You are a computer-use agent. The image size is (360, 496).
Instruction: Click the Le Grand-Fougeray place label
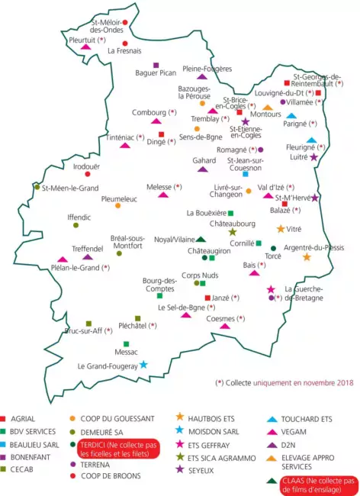(107, 366)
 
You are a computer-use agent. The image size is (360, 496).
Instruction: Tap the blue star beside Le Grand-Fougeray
(143, 365)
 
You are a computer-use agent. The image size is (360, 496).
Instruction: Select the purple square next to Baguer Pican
(156, 65)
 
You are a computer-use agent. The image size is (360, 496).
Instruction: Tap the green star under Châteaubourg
(233, 232)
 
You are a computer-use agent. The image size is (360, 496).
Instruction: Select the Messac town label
(126, 352)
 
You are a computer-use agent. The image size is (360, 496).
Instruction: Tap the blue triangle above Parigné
(291, 116)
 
